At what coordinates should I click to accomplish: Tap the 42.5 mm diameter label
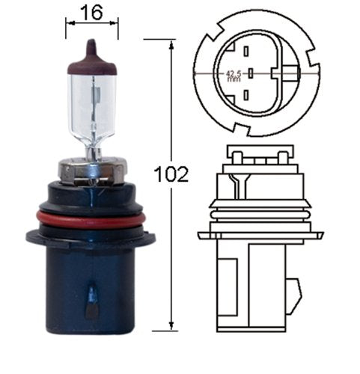(234, 75)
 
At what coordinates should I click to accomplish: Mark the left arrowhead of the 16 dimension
(69, 23)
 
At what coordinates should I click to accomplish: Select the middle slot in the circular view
(251, 73)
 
